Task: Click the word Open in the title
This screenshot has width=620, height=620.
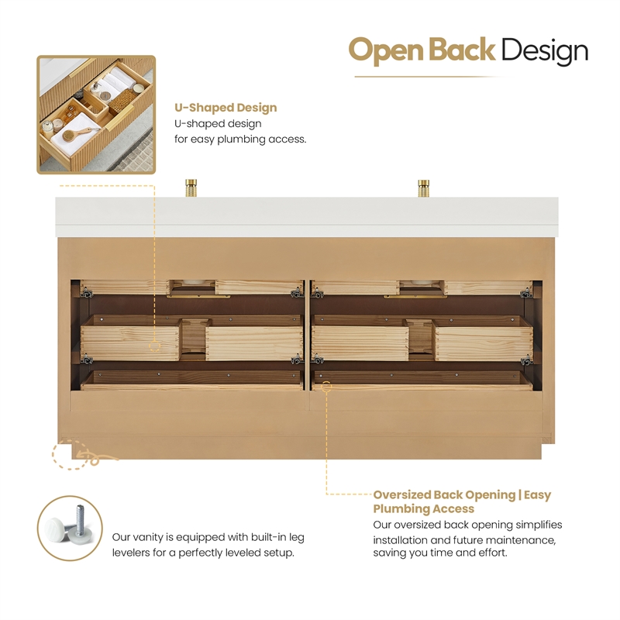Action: pyautogui.click(x=386, y=51)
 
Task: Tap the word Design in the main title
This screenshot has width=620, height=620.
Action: pyautogui.click(x=545, y=51)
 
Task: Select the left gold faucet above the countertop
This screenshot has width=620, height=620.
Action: pyautogui.click(x=191, y=188)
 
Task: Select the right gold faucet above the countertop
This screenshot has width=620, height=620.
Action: pyautogui.click(x=423, y=188)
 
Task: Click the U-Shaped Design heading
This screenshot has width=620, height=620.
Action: pyautogui.click(x=226, y=108)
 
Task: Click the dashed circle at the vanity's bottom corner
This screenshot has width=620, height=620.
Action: pyautogui.click(x=71, y=454)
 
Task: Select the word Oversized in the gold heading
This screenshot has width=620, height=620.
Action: pyautogui.click(x=401, y=494)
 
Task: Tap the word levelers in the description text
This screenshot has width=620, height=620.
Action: pyautogui.click(x=131, y=553)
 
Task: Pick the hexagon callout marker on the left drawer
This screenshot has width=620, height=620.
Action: pyautogui.click(x=154, y=346)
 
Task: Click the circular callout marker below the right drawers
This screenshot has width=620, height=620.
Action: pyautogui.click(x=326, y=386)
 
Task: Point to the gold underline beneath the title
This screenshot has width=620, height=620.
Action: pyautogui.click(x=431, y=77)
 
